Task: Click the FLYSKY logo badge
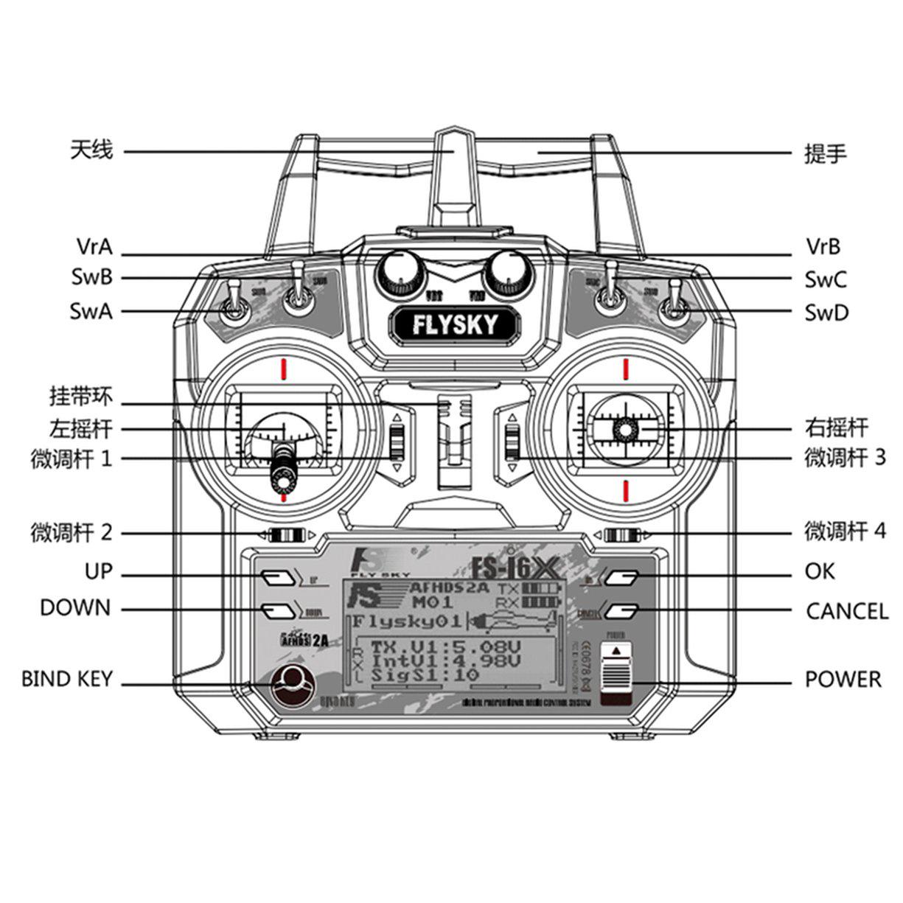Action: [455, 324]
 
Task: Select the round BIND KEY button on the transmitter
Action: [292, 686]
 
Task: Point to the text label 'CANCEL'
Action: [847, 611]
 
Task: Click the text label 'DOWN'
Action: [75, 608]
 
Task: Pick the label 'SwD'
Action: [826, 313]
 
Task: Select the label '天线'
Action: [92, 151]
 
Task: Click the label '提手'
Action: [825, 154]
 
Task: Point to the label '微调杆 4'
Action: [845, 531]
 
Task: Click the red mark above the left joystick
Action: [283, 369]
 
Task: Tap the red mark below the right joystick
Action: [625, 489]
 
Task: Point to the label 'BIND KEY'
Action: [67, 679]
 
